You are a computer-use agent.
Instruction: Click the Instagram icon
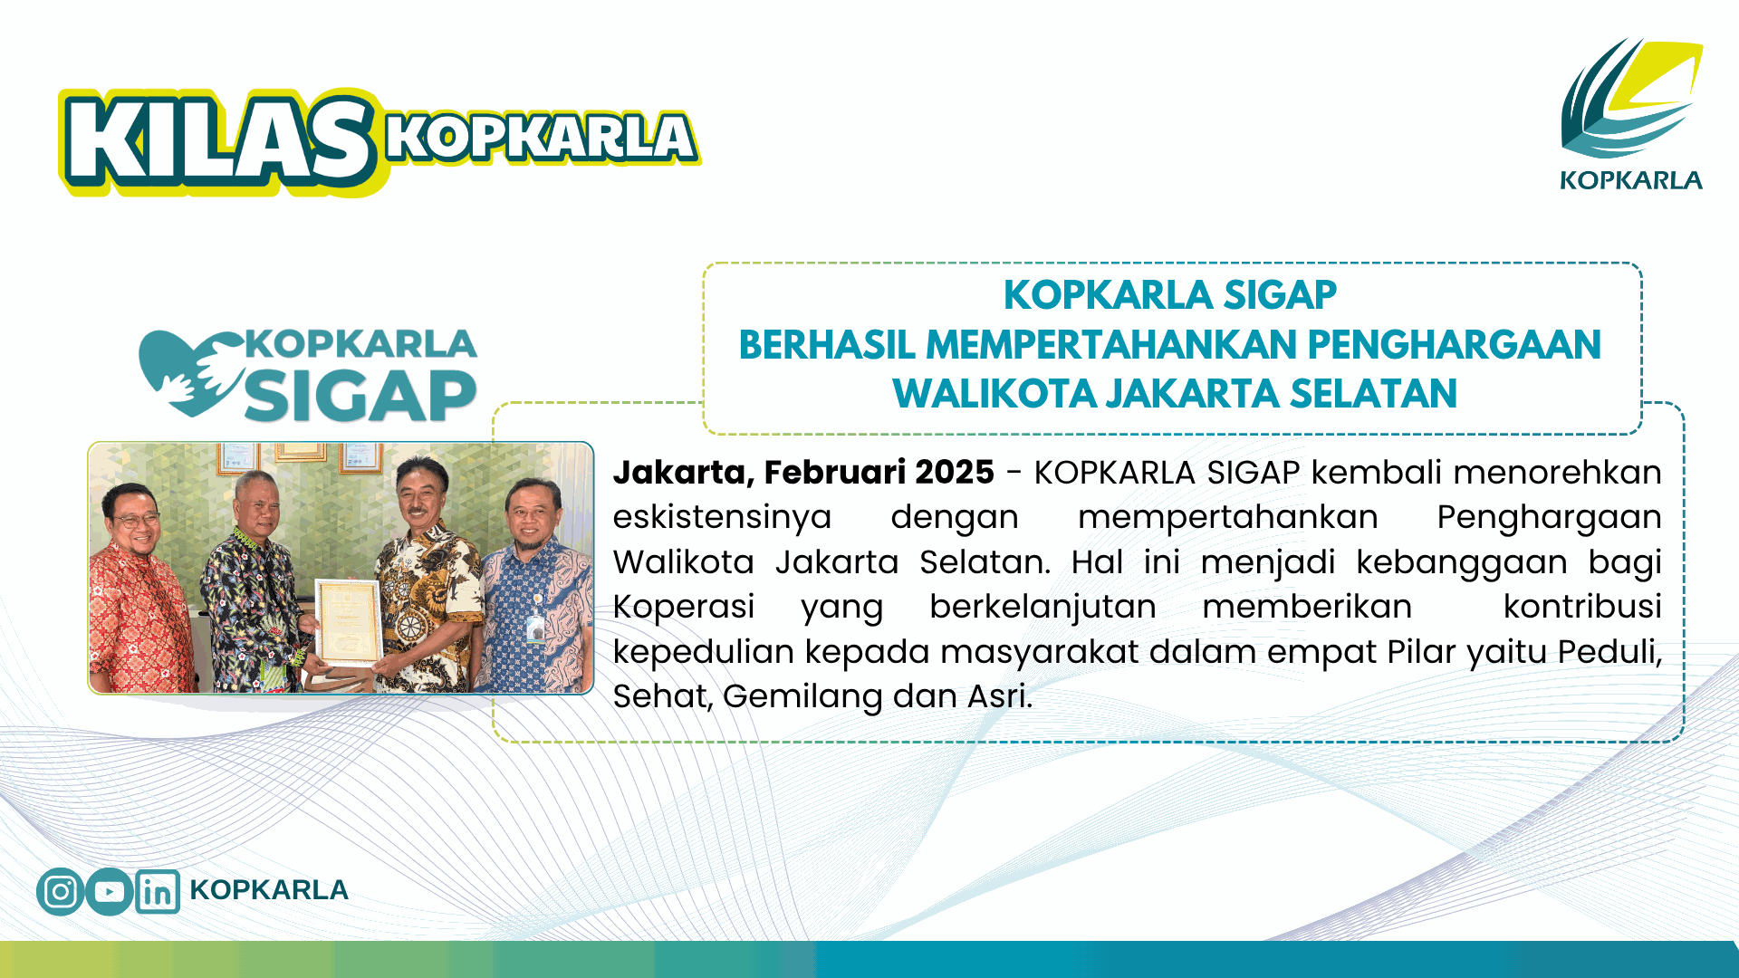pos(61,891)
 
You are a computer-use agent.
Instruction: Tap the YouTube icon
pos(110,891)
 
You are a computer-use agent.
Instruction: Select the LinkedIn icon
pos(158,891)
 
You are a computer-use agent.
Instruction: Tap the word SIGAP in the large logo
pos(360,396)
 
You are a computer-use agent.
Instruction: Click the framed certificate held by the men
pos(348,622)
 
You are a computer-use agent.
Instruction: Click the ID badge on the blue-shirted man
pos(535,628)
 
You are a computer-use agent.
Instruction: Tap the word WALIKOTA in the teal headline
pos(994,394)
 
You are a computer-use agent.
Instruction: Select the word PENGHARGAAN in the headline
pos(1454,345)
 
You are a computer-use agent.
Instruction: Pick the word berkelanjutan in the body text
pos(1042,607)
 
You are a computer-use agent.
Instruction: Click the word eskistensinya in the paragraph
pos(722,518)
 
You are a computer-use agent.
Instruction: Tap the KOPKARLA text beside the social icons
pos(269,890)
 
